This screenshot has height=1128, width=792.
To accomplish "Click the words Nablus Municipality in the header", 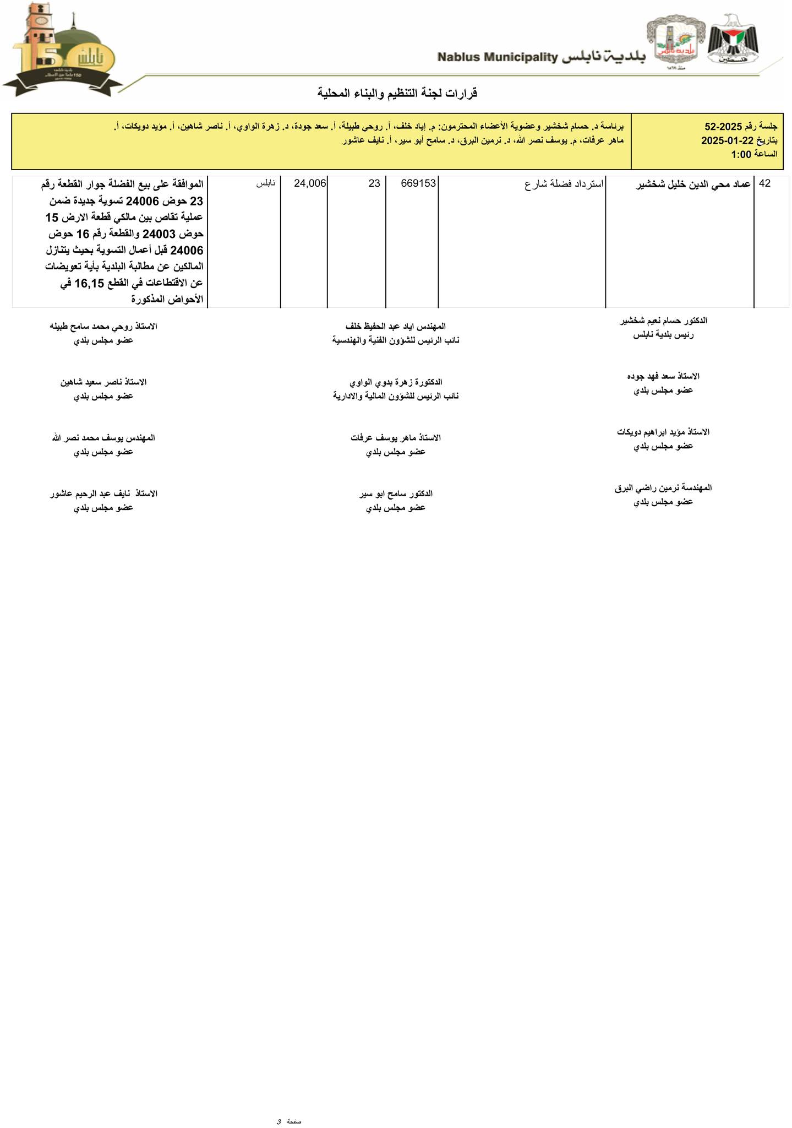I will [x=498, y=57].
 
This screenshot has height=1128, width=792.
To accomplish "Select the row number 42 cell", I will [x=764, y=184].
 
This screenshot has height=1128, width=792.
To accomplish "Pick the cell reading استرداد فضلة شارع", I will [x=564, y=184].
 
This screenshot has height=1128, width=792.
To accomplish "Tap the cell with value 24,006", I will [x=310, y=183].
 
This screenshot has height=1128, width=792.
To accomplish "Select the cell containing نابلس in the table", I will [x=265, y=183].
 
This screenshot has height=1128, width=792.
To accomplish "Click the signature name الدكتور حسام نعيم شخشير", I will [x=663, y=320].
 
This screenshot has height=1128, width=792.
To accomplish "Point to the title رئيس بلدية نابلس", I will [x=663, y=334].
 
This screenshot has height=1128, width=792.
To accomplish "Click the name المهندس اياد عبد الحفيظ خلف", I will [x=396, y=326].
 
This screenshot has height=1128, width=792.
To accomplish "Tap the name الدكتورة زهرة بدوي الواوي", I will [x=396, y=382].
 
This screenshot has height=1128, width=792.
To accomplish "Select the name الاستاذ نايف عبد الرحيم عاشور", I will [x=103, y=493].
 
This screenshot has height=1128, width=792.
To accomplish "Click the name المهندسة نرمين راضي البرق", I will [x=663, y=487].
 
